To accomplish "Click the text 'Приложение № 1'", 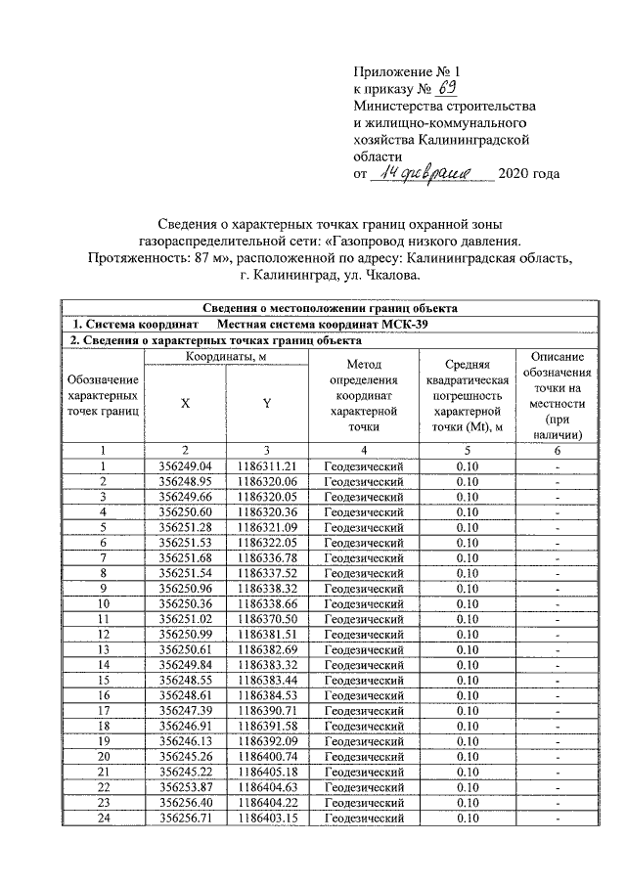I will pyautogui.click(x=405, y=71).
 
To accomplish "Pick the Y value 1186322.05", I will pyautogui.click(x=267, y=543).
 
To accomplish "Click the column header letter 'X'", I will pyautogui.click(x=185, y=403).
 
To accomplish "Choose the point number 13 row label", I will pyautogui.click(x=103, y=649).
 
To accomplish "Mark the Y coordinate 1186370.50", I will pyautogui.click(x=267, y=619).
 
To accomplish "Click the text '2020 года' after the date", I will pyautogui.click(x=529, y=174).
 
